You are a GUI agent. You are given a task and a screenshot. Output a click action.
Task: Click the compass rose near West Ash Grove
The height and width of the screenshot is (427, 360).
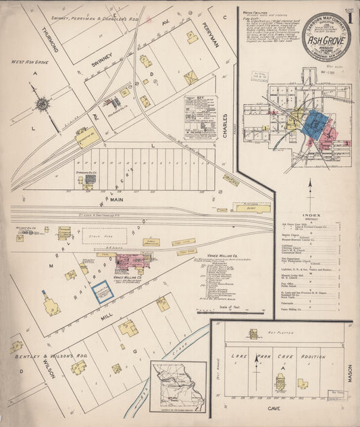pos(43,104)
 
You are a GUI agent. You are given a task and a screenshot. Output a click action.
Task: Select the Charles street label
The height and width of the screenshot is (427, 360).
pos(224,124)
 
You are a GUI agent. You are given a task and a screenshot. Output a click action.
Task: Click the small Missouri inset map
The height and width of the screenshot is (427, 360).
pos(178,386)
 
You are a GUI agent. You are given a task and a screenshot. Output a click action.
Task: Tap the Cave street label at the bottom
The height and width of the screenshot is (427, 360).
pos(274,409)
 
